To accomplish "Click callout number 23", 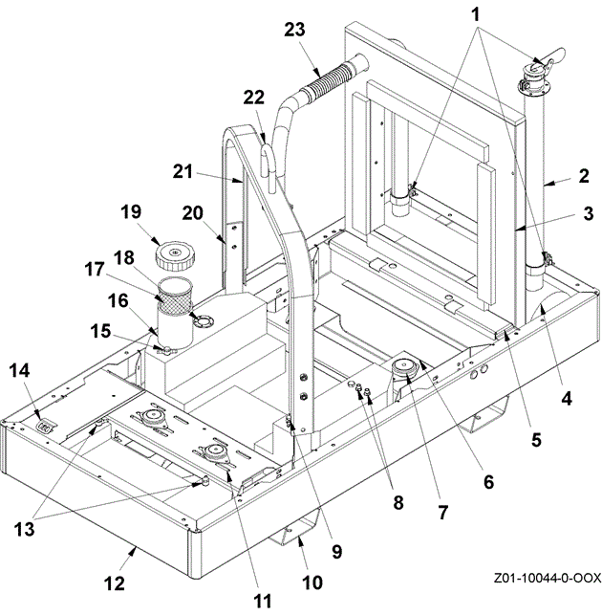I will (x=294, y=30).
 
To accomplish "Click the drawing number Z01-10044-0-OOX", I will (x=548, y=578).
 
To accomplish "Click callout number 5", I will (x=535, y=441).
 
